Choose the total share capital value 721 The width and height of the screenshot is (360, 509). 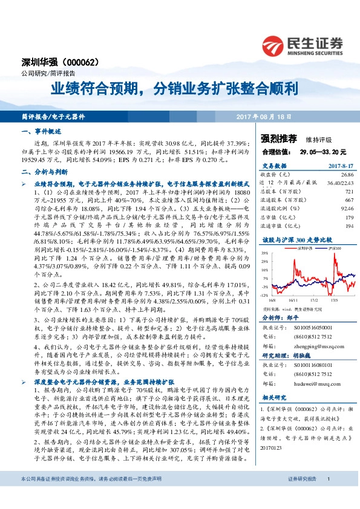tap(348, 190)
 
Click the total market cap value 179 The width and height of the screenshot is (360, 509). tap(348, 217)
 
